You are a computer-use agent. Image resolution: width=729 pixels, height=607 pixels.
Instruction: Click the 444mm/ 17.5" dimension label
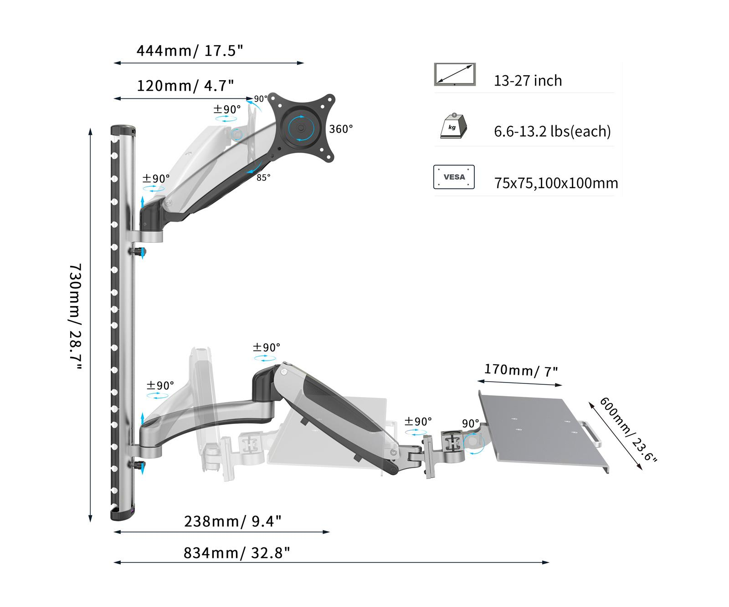(190, 50)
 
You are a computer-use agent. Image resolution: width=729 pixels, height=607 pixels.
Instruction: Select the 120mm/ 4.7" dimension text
(185, 85)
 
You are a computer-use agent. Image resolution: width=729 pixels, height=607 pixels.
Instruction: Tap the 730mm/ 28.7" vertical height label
(75, 317)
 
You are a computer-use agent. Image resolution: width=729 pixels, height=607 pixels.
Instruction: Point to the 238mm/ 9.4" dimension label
(232, 520)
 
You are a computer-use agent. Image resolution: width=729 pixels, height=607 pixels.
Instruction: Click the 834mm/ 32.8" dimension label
(236, 552)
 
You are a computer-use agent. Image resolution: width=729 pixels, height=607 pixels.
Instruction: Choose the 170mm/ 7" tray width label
(521, 370)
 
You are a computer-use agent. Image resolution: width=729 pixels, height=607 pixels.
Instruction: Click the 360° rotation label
(341, 129)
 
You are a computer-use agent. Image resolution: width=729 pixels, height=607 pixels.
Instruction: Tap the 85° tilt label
(263, 178)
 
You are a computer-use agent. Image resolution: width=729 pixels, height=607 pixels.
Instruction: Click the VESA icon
(454, 177)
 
